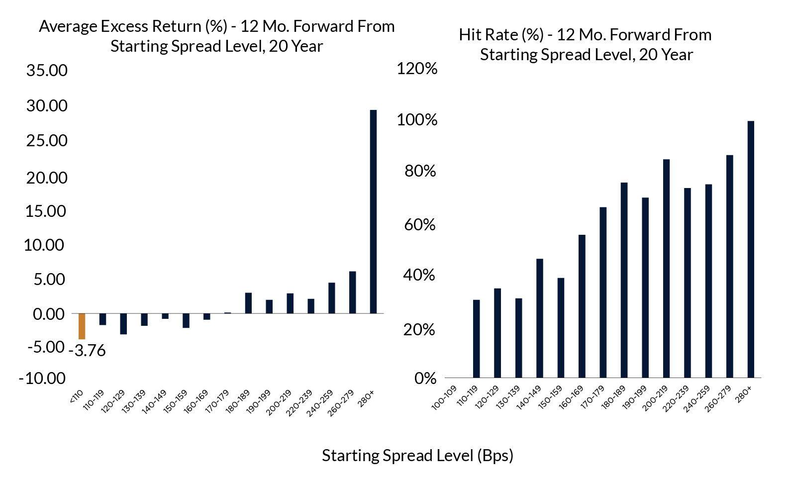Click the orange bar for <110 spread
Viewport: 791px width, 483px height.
click(x=82, y=326)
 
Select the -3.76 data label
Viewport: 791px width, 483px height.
click(x=87, y=351)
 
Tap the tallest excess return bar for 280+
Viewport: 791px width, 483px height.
click(x=373, y=212)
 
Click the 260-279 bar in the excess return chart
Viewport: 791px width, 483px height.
click(x=352, y=292)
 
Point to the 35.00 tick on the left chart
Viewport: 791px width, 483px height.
click(x=47, y=70)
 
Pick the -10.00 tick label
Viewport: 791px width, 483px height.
click(x=42, y=378)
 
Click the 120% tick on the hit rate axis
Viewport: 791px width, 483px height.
click(x=417, y=69)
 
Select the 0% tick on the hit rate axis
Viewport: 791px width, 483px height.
click(x=425, y=378)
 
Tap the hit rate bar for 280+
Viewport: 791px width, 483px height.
click(x=751, y=249)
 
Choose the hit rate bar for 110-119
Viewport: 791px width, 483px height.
click(x=477, y=339)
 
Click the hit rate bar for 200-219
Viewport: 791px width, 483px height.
click(x=666, y=269)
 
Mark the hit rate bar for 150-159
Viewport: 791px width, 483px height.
click(x=561, y=328)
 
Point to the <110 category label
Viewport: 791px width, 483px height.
click(x=76, y=396)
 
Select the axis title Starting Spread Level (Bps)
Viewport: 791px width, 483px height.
click(x=417, y=456)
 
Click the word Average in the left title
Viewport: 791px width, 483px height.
click(x=68, y=27)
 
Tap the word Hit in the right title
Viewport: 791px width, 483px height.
click(x=470, y=35)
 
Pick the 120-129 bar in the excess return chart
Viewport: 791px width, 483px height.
click(x=123, y=324)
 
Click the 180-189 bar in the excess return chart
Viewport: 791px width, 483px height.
click(x=248, y=303)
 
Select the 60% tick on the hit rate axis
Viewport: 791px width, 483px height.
click(x=420, y=224)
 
